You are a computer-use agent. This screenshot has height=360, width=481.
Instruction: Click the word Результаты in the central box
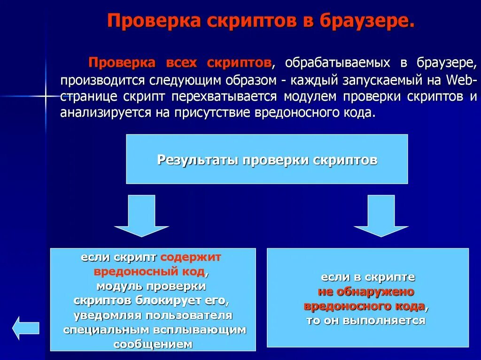[x=198, y=160]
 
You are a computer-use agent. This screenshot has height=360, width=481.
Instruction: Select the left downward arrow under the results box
[x=141, y=215]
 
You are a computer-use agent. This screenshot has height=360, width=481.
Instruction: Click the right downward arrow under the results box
[x=381, y=215]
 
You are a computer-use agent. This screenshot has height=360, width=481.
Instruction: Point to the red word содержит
[x=191, y=258]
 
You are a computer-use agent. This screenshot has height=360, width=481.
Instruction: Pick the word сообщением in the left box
[x=153, y=344]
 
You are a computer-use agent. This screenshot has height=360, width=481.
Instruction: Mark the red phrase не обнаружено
[x=366, y=291]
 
